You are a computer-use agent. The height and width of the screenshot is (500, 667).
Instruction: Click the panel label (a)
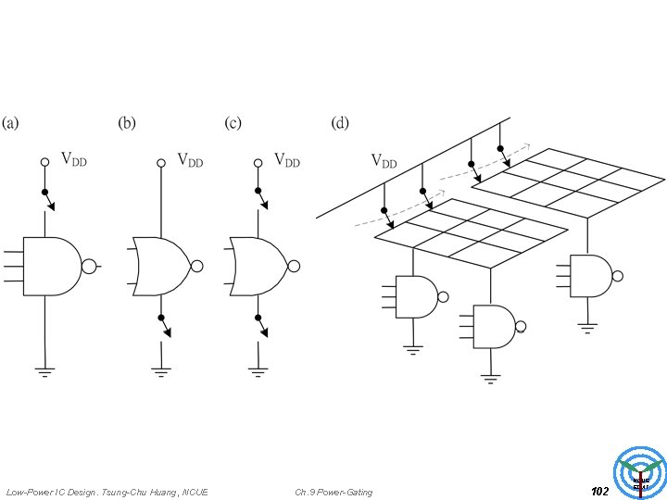coord(13,123)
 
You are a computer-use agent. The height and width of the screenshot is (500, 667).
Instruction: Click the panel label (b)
coord(127,123)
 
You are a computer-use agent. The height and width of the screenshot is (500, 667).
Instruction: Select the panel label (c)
coord(234,123)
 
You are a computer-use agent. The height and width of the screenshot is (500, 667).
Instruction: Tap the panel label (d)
coord(342,123)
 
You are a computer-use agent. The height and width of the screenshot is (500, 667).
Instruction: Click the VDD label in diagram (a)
coord(74,159)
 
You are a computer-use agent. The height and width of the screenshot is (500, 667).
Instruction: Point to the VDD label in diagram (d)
coord(384,160)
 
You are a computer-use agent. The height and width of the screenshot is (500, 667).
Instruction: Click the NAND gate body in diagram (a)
coord(51,267)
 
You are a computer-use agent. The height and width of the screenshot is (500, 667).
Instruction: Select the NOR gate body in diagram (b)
coord(162,267)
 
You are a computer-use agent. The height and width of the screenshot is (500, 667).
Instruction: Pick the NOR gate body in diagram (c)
coord(259,267)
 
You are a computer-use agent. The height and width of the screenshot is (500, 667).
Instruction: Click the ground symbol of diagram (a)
coord(44,372)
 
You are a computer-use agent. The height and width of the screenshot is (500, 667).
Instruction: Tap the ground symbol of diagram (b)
coord(161,372)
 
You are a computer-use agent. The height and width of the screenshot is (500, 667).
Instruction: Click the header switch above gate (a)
coord(45,198)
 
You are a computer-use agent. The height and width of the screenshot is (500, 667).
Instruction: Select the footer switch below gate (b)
coord(162,324)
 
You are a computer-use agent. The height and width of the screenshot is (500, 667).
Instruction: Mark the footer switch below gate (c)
coord(259,324)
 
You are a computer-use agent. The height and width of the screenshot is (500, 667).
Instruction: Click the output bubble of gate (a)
coord(90,267)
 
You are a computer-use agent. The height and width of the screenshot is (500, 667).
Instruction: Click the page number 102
coord(599,491)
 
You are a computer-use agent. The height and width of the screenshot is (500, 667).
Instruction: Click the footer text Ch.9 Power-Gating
coord(333,492)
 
